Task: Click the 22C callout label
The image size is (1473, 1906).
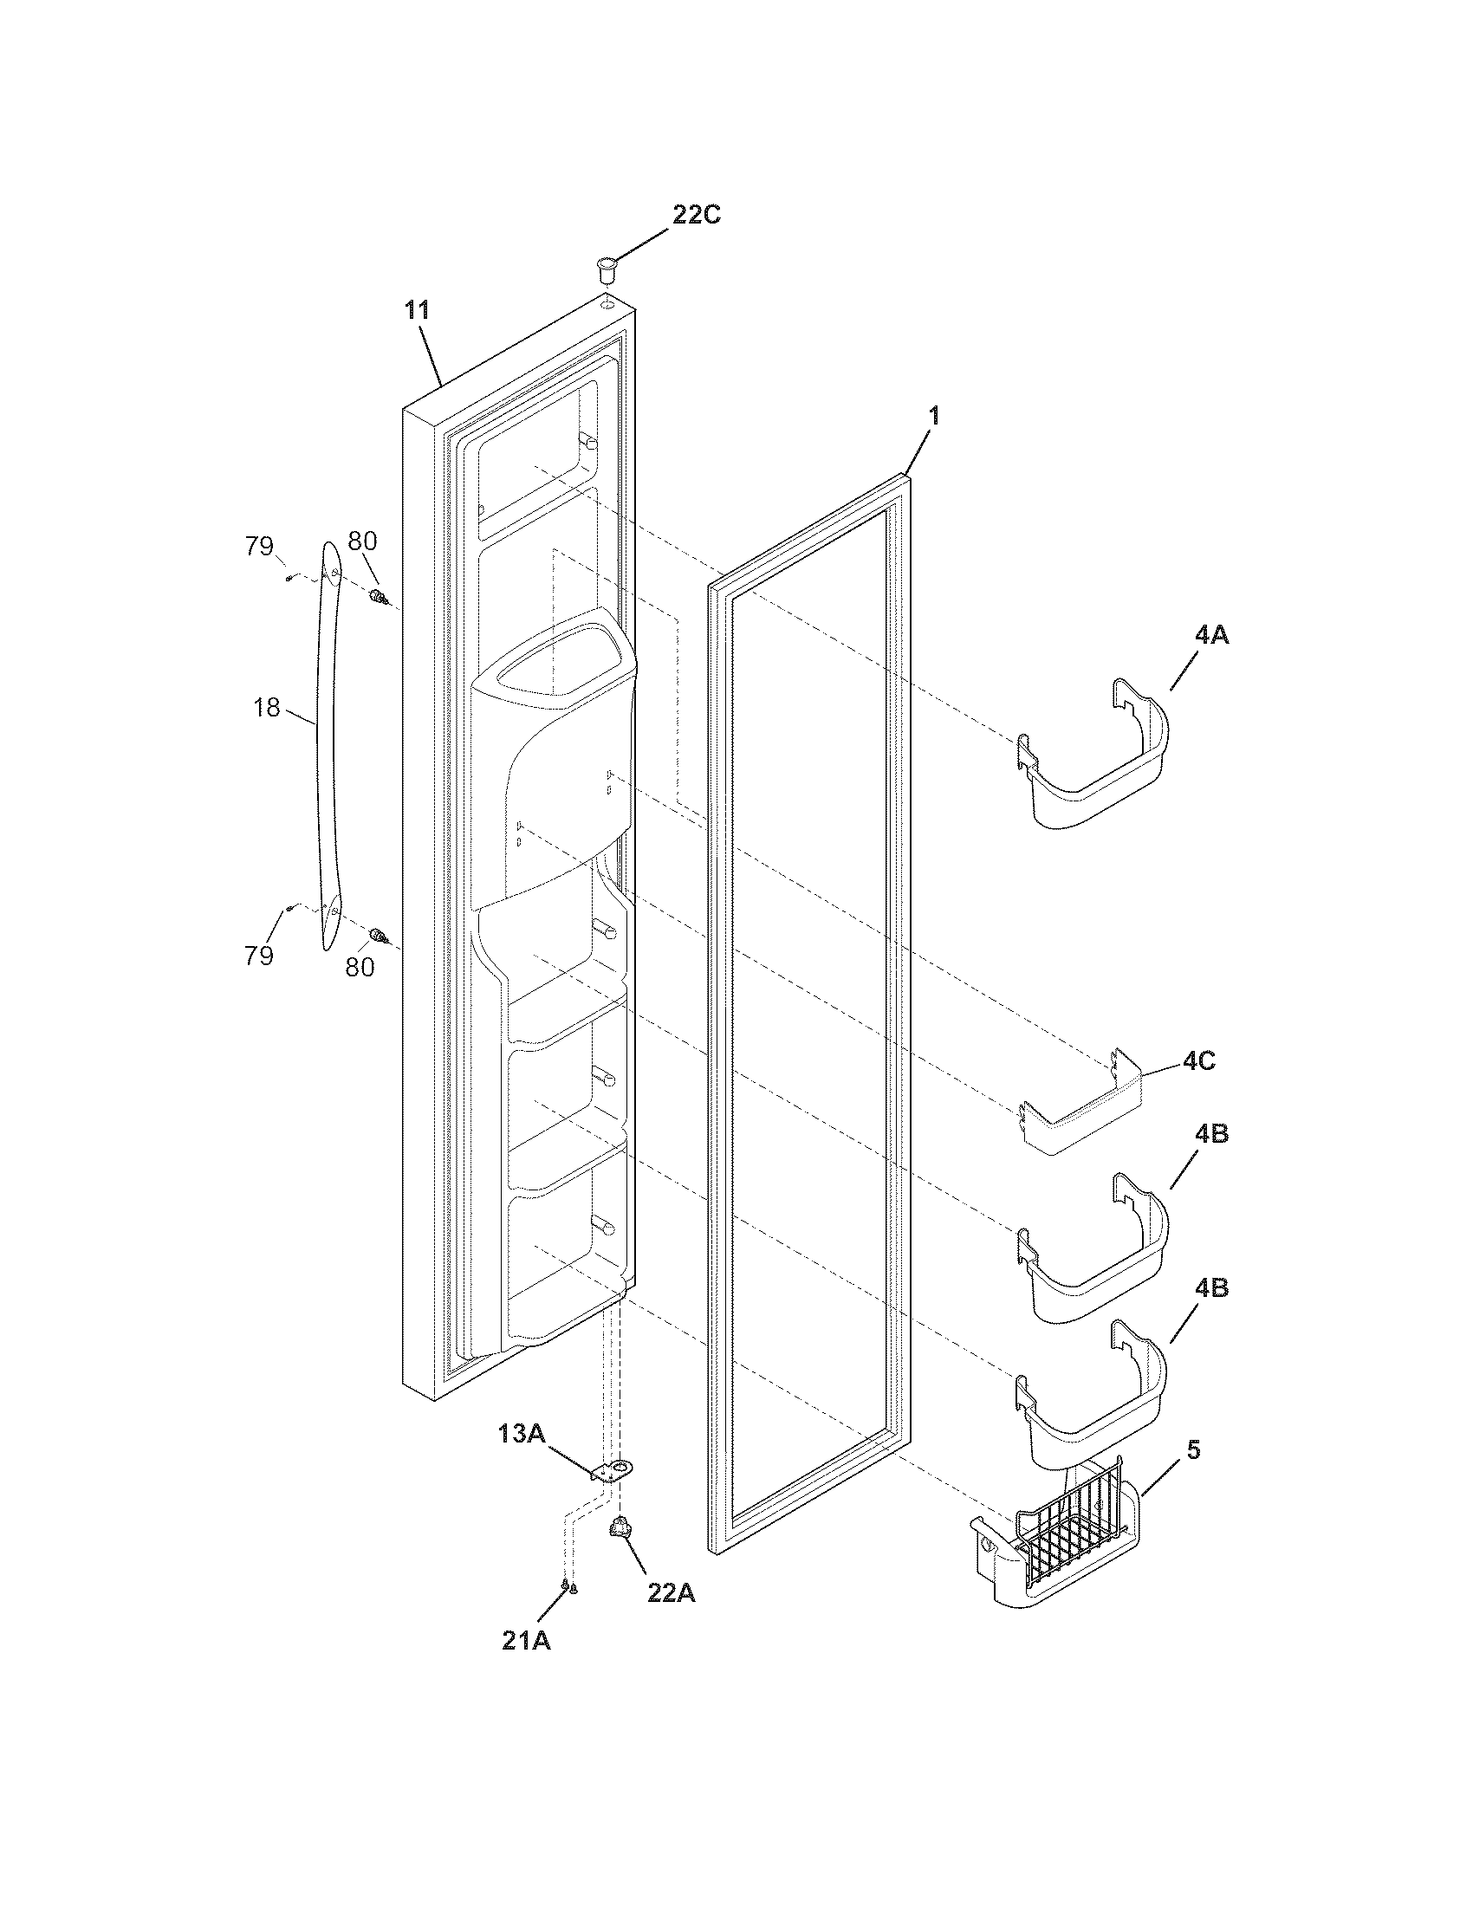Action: click(696, 216)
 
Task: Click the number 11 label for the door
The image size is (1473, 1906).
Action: click(416, 310)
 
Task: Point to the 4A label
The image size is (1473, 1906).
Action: click(1211, 635)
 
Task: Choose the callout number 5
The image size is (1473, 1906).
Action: click(1194, 1451)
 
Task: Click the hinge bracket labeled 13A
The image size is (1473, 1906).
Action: click(615, 1473)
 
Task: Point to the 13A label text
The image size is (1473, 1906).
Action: click(522, 1432)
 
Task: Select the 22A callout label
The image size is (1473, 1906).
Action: click(670, 1592)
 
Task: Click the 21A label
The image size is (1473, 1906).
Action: click(526, 1640)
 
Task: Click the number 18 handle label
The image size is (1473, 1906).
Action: click(267, 707)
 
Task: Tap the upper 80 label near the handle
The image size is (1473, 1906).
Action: click(362, 541)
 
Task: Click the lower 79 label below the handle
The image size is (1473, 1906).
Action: click(259, 956)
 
